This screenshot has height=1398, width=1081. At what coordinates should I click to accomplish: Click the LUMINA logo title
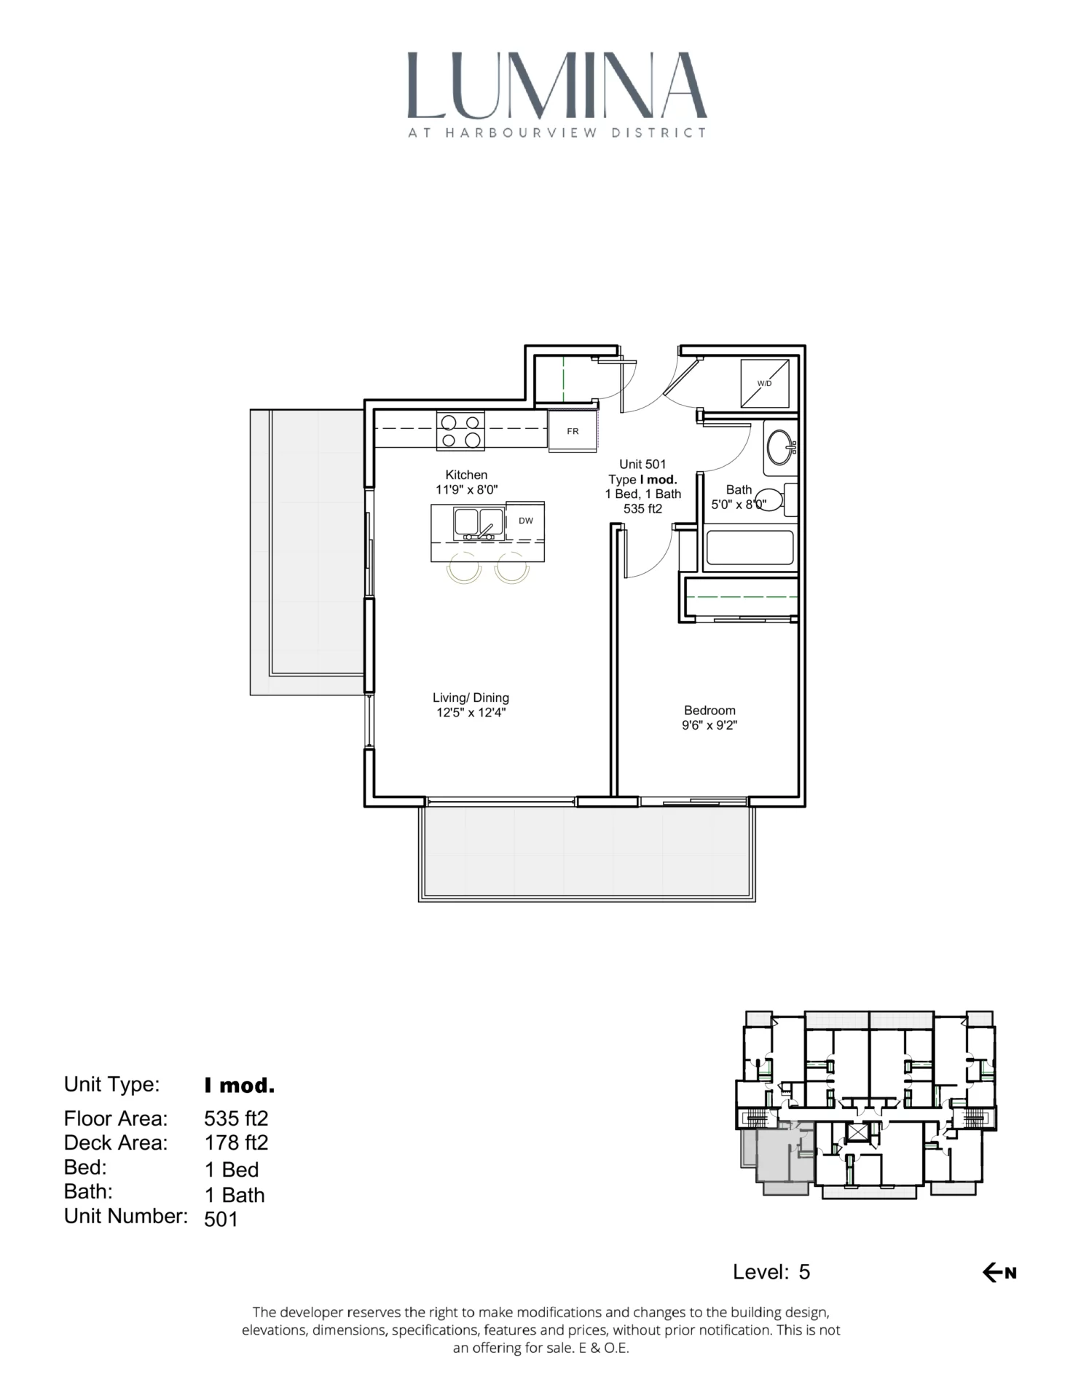pyautogui.click(x=557, y=86)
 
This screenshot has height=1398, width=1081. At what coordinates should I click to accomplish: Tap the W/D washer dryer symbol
pyautogui.click(x=764, y=384)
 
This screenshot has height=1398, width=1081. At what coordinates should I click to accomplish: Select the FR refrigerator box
pyautogui.click(x=573, y=431)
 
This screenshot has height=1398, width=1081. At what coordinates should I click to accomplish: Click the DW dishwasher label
pyautogui.click(x=525, y=521)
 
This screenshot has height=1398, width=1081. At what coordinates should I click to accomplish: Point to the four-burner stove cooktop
pyautogui.click(x=461, y=431)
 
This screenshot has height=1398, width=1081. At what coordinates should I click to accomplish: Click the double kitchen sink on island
pyautogui.click(x=478, y=523)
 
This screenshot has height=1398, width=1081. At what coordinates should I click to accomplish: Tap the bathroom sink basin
pyautogui.click(x=780, y=446)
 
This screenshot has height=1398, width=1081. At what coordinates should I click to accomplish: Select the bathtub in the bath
pyautogui.click(x=750, y=548)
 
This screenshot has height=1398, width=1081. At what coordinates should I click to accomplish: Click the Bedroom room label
pyautogui.click(x=709, y=710)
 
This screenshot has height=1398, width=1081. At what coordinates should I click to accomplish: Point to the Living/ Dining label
pyautogui.click(x=471, y=698)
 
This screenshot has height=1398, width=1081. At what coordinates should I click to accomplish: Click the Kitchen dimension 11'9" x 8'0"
pyautogui.click(x=466, y=490)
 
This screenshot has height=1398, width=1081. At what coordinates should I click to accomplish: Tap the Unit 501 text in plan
pyautogui.click(x=642, y=464)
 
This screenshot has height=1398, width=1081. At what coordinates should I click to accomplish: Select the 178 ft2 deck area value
pyautogui.click(x=236, y=1142)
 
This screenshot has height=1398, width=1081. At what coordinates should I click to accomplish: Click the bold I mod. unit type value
pyautogui.click(x=239, y=1086)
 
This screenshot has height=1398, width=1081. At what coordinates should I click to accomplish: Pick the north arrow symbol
pyautogui.click(x=999, y=1273)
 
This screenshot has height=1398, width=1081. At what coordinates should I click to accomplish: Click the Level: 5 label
pyautogui.click(x=771, y=1272)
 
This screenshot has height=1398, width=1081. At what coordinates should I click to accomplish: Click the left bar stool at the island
pyautogui.click(x=464, y=569)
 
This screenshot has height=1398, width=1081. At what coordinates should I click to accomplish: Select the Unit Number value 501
pyautogui.click(x=221, y=1220)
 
